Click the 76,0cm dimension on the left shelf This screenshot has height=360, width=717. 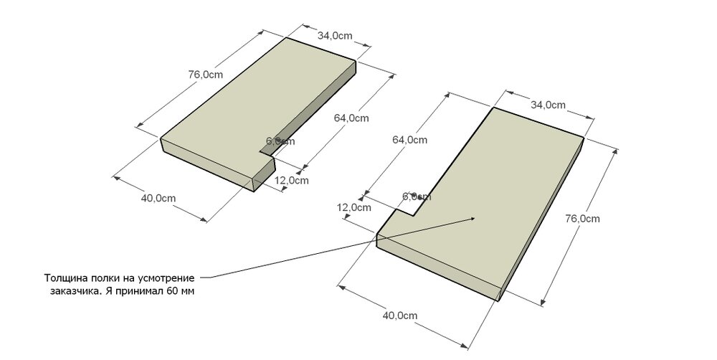click(x=205, y=74)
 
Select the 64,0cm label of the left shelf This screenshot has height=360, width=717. click(x=351, y=118)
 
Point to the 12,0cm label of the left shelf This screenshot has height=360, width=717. click(x=292, y=180)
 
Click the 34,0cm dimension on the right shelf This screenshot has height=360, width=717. click(x=549, y=105)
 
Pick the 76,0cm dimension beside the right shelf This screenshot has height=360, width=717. click(x=582, y=218)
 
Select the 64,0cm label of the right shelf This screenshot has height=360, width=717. click(x=409, y=141)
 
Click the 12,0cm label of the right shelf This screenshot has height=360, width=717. click(x=354, y=208)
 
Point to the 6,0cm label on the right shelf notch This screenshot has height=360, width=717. click(x=417, y=196)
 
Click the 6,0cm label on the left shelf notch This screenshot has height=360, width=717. click(x=280, y=141)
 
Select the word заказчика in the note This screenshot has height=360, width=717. click(x=74, y=292)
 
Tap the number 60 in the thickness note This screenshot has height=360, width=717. click(x=172, y=292)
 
